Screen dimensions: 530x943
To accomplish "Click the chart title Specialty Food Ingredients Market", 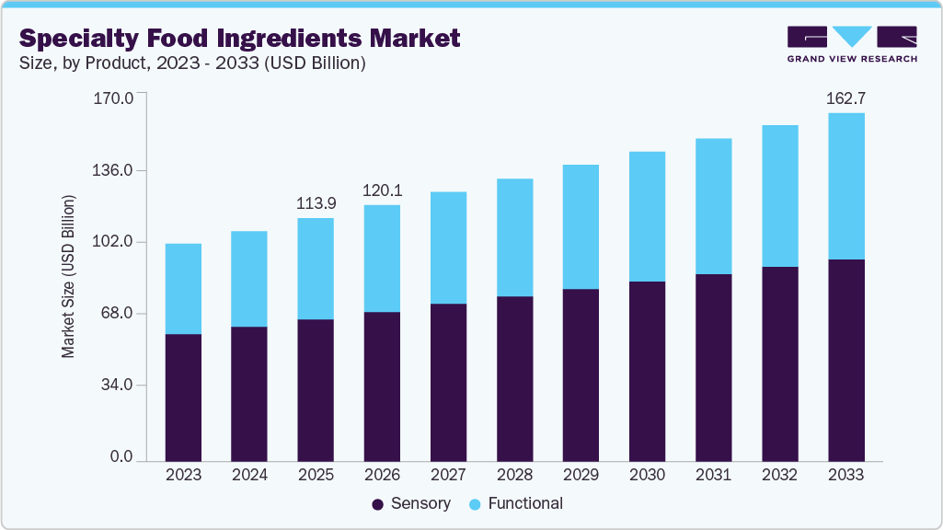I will point(239,38).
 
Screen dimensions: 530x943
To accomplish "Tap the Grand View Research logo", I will point(851,43).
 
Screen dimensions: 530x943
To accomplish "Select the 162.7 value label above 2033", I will point(845,98).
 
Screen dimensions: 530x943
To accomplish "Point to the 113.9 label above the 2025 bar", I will point(316,202).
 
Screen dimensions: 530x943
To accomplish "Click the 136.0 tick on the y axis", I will point(115,170).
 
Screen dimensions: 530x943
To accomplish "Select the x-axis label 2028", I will point(514,475).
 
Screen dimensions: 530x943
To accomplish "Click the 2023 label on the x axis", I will point(183,475).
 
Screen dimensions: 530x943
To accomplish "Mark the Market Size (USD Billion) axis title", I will point(69,276).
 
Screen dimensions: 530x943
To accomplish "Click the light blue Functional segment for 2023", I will point(183,288).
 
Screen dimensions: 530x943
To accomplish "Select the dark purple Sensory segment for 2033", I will point(845,359).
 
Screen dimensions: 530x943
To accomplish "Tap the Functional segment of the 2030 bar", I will point(647,216).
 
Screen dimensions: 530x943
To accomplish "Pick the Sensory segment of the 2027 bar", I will point(448,381).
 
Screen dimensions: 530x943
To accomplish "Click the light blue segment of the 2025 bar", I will point(316,269).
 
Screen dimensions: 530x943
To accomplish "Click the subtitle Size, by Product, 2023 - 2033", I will point(193,63).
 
